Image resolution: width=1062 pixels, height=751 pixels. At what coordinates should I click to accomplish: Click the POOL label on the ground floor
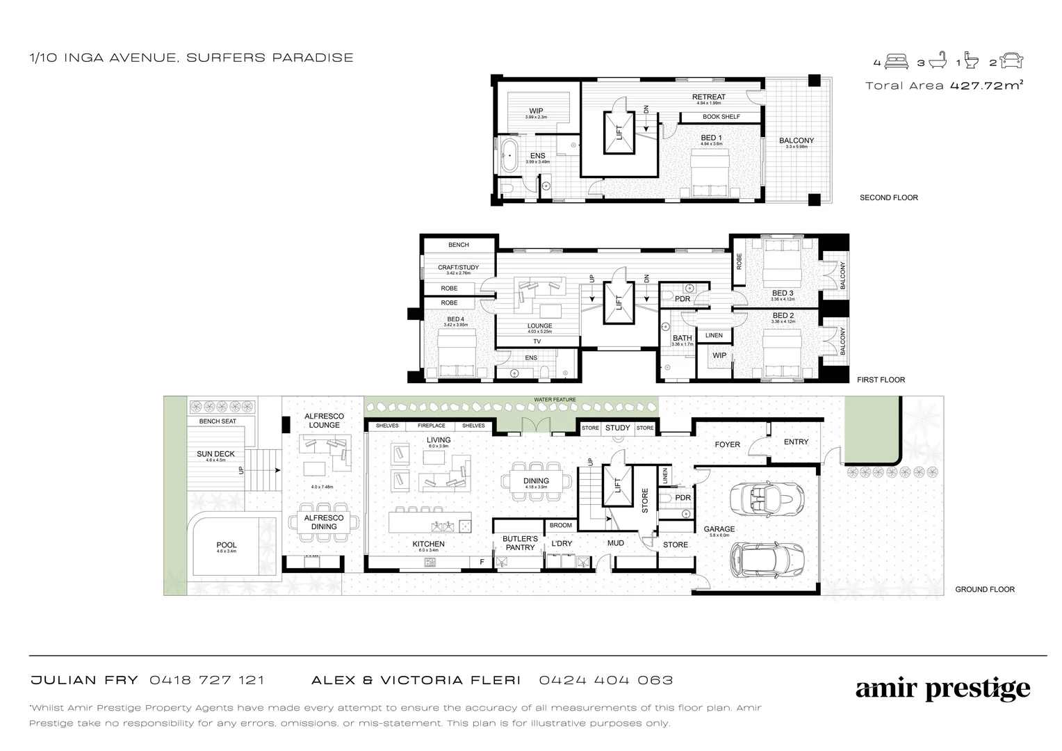[227, 545]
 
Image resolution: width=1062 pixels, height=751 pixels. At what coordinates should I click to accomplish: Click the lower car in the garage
[767, 558]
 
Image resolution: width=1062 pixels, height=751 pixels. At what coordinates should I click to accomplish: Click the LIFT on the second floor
[619, 133]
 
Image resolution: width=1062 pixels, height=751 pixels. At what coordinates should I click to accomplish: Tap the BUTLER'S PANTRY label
[520, 543]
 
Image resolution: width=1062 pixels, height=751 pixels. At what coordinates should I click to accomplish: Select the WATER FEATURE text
[555, 400]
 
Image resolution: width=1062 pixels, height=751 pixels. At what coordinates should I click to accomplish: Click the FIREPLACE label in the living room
[431, 426]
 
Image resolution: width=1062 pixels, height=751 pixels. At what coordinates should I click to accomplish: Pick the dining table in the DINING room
[536, 481]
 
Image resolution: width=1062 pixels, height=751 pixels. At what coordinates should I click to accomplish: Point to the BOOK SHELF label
[721, 117]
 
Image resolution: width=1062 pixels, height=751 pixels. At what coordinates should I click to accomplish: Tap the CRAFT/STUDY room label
[458, 268]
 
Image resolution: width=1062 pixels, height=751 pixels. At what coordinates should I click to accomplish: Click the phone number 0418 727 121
[206, 680]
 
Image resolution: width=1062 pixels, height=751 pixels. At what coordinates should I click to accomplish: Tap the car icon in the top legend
[1012, 62]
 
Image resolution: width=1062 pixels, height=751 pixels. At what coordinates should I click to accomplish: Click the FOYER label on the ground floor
[727, 444]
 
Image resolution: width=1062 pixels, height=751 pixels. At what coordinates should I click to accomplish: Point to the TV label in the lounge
[537, 341]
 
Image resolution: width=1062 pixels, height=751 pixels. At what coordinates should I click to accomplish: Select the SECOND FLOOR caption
[888, 197]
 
